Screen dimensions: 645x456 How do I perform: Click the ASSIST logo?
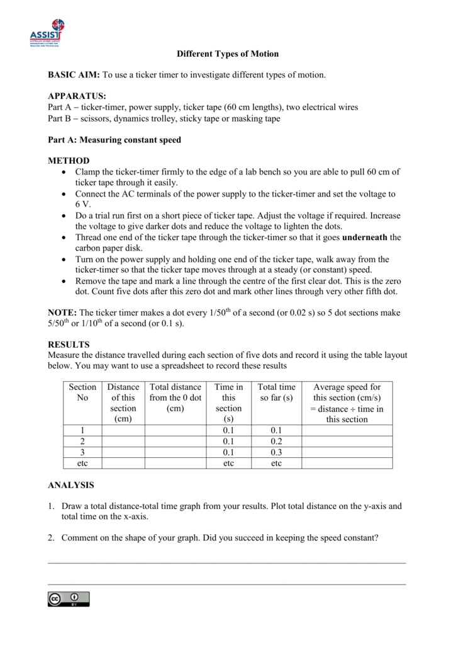tap(48, 33)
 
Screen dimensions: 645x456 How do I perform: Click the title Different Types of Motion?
tap(227, 54)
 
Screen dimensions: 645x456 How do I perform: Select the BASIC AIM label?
tap(74, 76)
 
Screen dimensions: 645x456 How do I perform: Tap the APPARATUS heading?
tap(77, 97)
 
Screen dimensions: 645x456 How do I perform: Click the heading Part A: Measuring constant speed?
tap(114, 140)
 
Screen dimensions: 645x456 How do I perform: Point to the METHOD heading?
tap(69, 161)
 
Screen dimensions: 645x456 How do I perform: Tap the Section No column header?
tap(83, 392)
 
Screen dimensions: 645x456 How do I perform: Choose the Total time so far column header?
tap(276, 392)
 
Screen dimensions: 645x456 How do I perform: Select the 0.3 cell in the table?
tap(276, 452)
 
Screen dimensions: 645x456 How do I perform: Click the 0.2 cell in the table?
tap(276, 442)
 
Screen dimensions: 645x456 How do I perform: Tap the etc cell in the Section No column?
tap(83, 463)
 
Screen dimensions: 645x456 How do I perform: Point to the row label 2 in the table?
tap(83, 442)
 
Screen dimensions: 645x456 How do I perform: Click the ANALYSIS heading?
tap(71, 485)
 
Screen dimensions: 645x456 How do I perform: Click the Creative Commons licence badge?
tap(69, 599)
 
